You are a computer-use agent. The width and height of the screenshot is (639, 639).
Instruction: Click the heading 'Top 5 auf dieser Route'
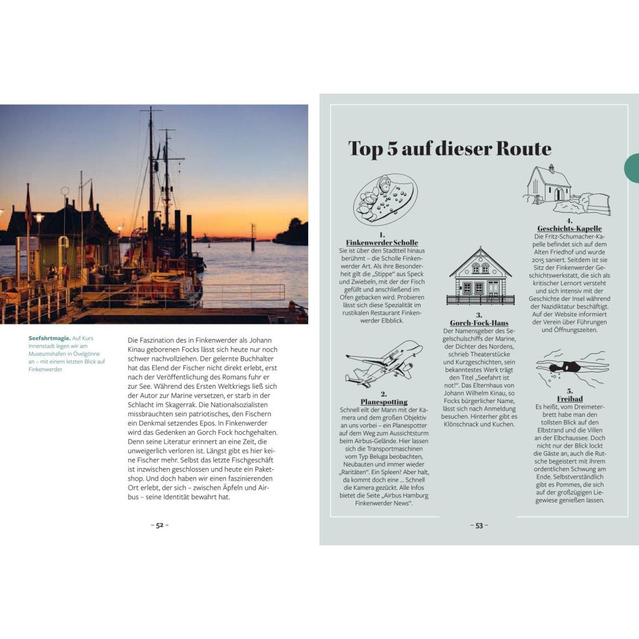pos(449,149)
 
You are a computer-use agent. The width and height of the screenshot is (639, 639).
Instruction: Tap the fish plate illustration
pos(385,200)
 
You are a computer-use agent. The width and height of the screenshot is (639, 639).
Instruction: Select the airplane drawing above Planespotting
pos(383,363)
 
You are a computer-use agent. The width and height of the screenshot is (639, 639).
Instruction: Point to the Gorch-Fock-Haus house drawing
pos(480,276)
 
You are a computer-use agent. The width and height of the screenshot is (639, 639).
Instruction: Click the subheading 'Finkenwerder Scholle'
pos(382,242)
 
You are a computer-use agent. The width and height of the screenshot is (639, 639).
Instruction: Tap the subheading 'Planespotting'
pos(383,402)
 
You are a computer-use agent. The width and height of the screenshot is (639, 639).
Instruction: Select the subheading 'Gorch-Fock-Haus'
pos(479,323)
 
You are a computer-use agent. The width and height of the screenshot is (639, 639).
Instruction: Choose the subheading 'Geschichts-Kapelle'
pos(569,228)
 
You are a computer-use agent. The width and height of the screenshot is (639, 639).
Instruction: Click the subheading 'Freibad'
pos(569,399)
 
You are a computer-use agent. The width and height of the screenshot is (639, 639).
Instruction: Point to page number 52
pos(160,525)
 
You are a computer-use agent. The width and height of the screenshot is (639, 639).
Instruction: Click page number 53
pos(479,525)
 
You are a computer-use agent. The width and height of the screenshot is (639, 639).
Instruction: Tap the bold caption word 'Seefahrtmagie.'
pos(49,338)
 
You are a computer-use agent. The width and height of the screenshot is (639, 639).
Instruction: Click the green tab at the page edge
pos(632,168)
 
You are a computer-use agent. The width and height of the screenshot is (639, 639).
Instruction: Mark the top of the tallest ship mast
pos(150,108)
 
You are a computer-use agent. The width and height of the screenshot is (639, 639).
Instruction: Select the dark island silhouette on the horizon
pos(291,233)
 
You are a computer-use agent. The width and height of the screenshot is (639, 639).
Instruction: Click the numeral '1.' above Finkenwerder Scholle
pos(382,234)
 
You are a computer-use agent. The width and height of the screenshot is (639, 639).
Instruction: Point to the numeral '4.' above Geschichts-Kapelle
pos(569,220)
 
